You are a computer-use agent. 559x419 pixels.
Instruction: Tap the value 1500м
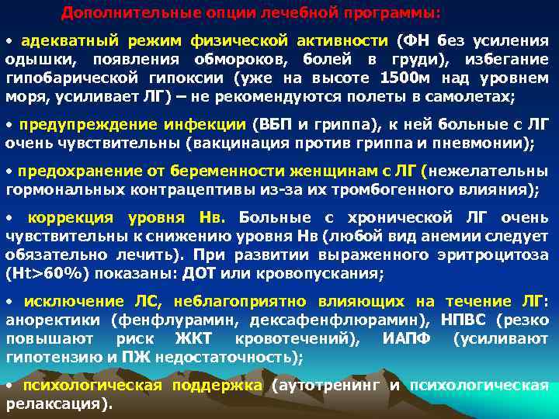(x=409, y=79)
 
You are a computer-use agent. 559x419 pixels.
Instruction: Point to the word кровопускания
(x=314, y=272)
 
